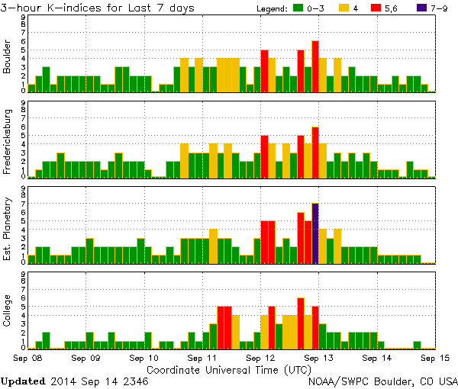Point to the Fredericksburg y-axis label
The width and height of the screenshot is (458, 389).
[x=8, y=143]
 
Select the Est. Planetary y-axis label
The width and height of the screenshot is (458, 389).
[x=8, y=229]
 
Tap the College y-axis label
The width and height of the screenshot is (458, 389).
[x=8, y=313]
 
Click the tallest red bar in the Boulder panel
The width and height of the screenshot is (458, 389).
[x=315, y=66]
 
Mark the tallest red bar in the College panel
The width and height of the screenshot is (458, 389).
[x=301, y=323]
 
